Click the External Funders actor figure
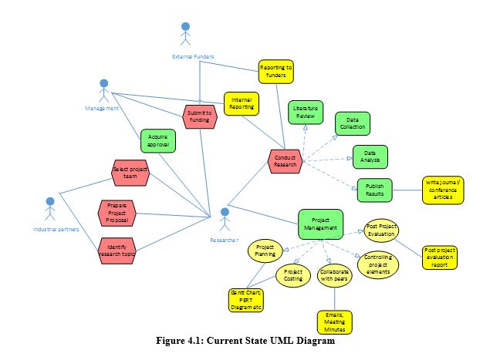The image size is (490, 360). click(184, 35)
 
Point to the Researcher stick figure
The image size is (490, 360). click(225, 219)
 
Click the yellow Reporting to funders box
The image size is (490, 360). click(275, 72)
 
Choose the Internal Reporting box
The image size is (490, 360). click(241, 103)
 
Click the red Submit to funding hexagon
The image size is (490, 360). click(200, 116)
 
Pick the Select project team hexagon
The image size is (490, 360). click(130, 173)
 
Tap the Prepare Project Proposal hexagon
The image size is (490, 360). click(117, 213)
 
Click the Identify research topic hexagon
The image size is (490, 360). click(117, 247)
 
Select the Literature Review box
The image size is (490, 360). click(306, 113)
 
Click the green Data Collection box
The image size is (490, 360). click(352, 124)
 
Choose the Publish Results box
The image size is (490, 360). click(374, 190)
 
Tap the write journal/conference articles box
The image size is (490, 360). click(443, 190)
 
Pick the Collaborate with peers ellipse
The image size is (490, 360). click(333, 276)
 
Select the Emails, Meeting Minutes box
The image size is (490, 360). click(333, 321)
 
